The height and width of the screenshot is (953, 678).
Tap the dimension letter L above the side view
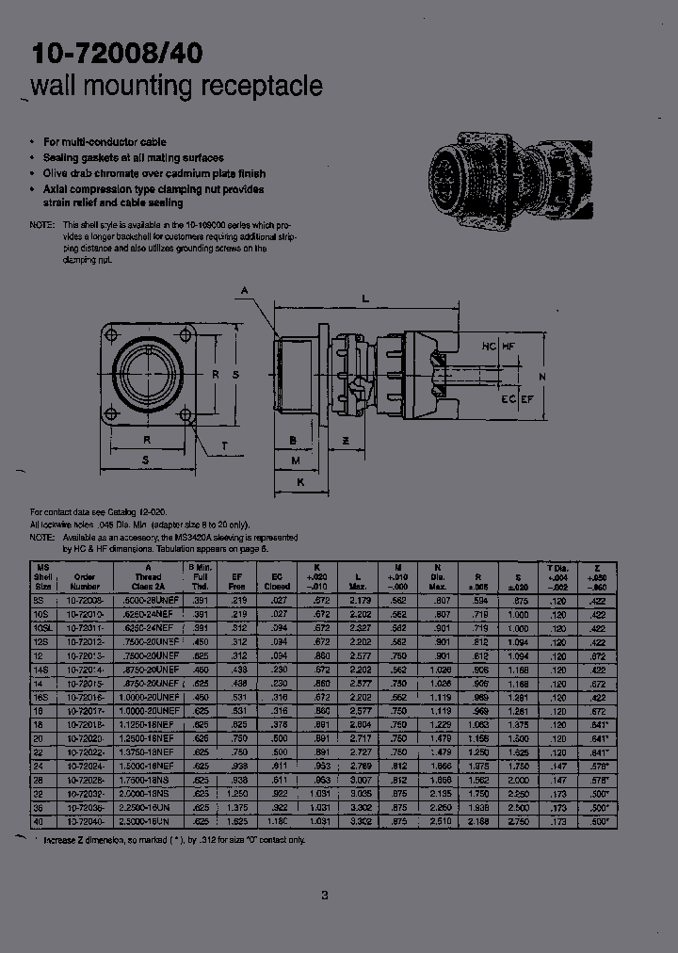point(364,299)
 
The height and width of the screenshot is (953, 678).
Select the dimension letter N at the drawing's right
point(541,377)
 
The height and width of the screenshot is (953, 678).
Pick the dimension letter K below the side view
point(299,480)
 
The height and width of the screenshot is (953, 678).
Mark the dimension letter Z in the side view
point(346,440)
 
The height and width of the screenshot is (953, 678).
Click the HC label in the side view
point(489,347)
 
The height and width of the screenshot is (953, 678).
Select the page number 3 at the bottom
point(325,895)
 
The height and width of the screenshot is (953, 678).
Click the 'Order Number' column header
point(85,578)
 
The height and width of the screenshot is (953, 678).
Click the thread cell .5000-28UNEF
point(147,600)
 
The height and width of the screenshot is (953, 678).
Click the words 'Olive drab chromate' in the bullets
point(99,173)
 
